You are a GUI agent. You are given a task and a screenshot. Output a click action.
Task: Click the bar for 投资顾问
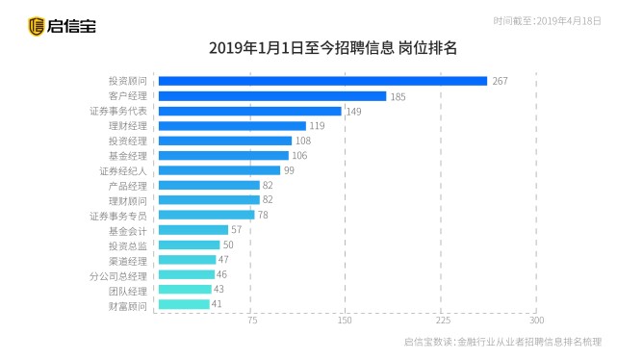pyautogui.click(x=322, y=81)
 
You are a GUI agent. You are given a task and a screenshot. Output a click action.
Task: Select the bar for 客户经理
pyautogui.click(x=271, y=96)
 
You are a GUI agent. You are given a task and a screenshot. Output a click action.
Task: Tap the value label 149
pyautogui.click(x=353, y=112)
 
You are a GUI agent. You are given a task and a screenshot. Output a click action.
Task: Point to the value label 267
pyautogui.click(x=500, y=81)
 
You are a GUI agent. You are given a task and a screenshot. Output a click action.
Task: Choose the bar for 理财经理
pyautogui.click(x=231, y=126)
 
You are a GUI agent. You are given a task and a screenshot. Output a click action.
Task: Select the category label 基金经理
pyautogui.click(x=128, y=156)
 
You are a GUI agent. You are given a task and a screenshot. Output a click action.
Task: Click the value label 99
pyautogui.click(x=289, y=170)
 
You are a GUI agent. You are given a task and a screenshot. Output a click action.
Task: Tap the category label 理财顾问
pyautogui.click(x=128, y=200)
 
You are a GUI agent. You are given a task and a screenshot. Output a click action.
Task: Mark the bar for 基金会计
pyautogui.click(x=193, y=230)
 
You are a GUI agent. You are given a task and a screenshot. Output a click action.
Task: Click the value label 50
pyautogui.click(x=228, y=245)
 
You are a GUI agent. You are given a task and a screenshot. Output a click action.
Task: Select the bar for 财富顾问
pyautogui.click(x=182, y=305)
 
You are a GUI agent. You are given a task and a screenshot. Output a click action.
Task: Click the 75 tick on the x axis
pyautogui.click(x=251, y=321)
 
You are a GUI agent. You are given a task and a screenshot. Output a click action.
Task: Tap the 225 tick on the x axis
pyautogui.click(x=441, y=321)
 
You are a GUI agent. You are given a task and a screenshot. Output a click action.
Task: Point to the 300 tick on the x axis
pyautogui.click(x=536, y=321)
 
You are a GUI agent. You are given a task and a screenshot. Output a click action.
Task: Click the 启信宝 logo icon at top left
pyautogui.click(x=36, y=26)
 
